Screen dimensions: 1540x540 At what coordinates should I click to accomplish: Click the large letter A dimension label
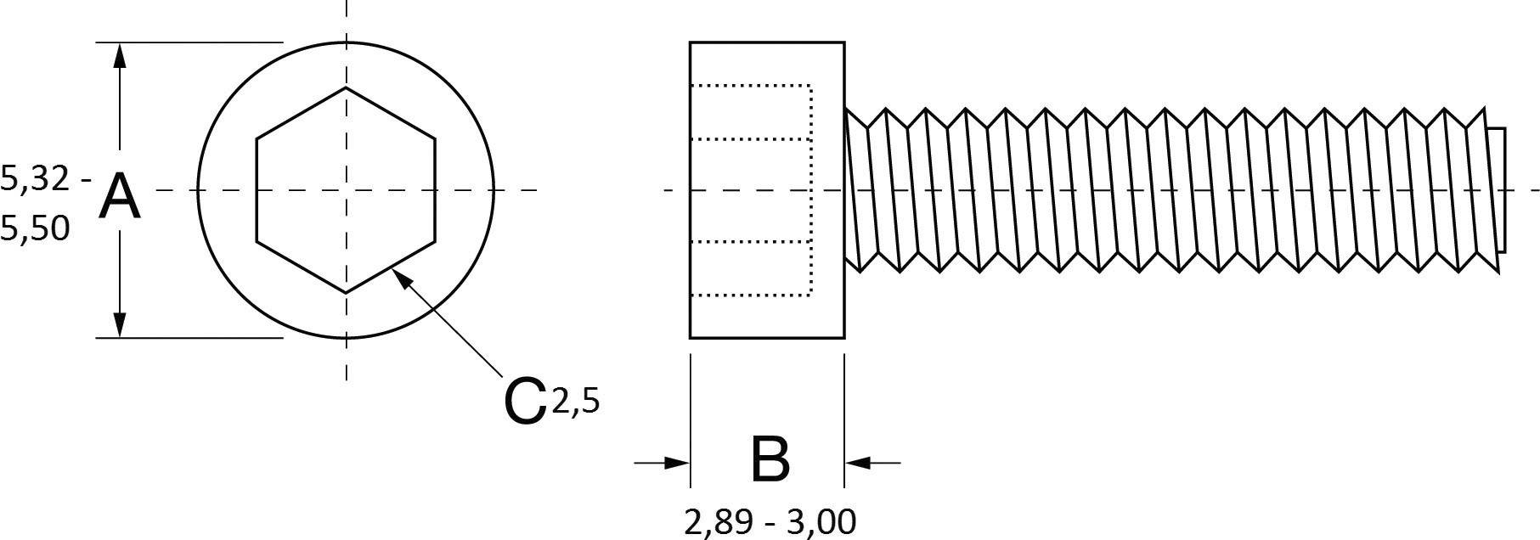(x=120, y=196)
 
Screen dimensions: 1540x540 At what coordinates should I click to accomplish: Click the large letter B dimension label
(x=770, y=459)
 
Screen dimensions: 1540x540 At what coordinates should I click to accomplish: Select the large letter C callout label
(x=524, y=401)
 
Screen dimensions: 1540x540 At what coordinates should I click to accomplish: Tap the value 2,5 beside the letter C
(x=576, y=399)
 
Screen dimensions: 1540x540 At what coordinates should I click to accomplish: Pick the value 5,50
(x=35, y=228)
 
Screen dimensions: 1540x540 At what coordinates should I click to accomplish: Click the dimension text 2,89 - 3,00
(x=770, y=521)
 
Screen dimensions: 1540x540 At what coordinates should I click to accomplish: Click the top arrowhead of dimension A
(x=120, y=55)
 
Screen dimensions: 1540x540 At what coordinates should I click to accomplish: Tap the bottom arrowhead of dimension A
(x=120, y=323)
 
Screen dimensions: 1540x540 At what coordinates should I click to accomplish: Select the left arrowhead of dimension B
(x=676, y=463)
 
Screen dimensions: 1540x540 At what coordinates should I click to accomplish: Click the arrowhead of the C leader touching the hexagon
(x=402, y=278)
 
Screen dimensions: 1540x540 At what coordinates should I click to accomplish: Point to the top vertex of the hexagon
(x=346, y=87)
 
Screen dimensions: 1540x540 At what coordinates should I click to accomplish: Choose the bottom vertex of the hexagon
(x=346, y=293)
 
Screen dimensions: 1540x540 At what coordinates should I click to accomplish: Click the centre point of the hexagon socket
(x=346, y=190)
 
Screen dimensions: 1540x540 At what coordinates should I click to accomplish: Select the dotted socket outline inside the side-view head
(x=811, y=190)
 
